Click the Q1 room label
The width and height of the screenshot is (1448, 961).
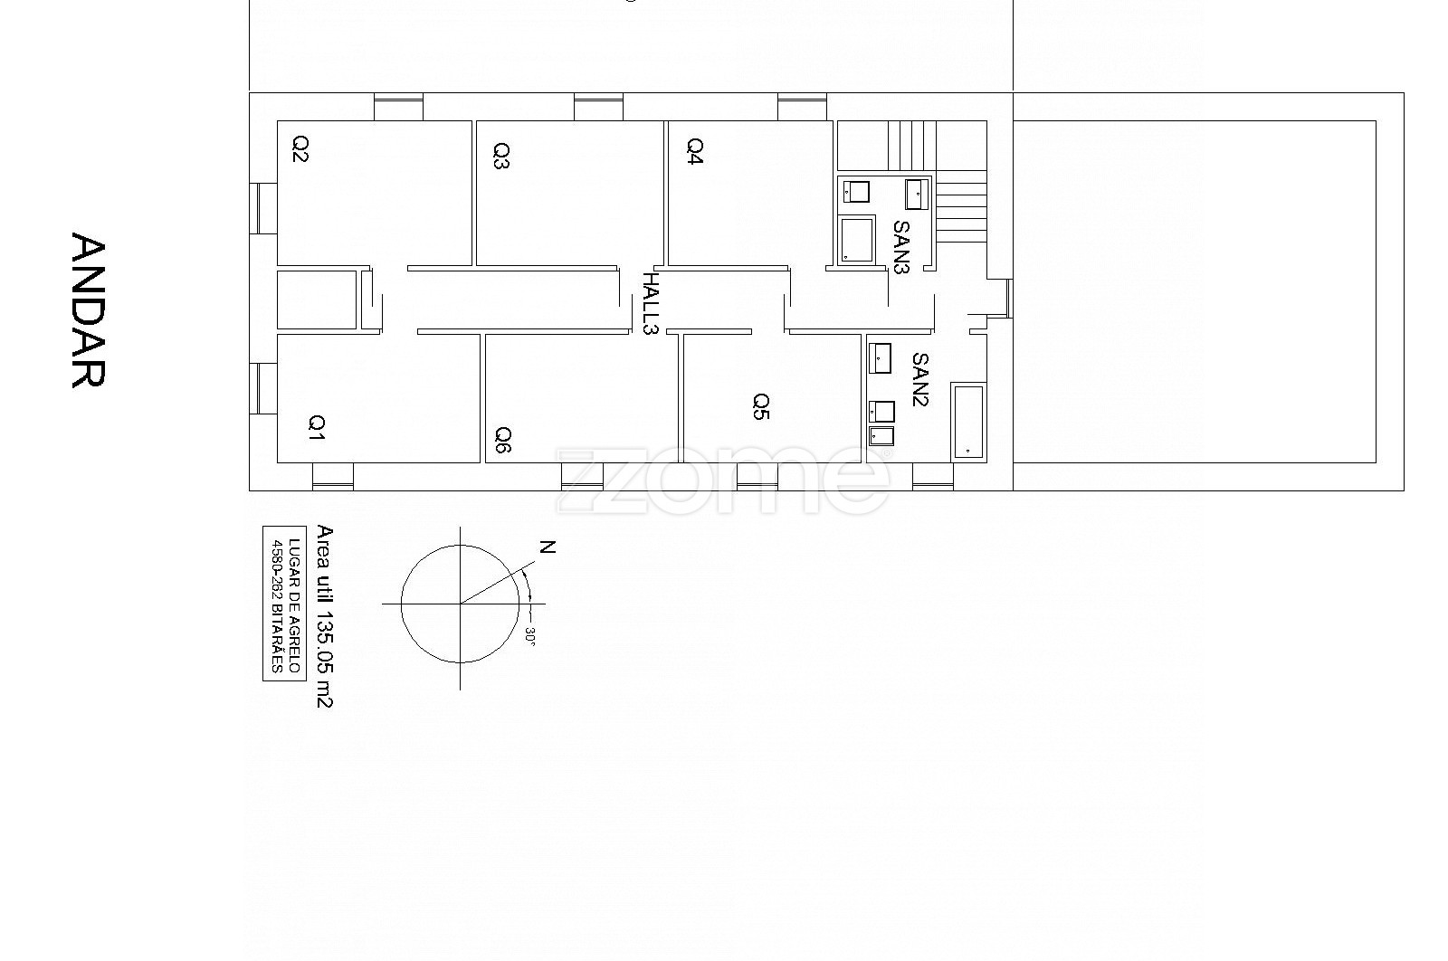pyautogui.click(x=316, y=427)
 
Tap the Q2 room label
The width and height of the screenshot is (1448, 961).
pyautogui.click(x=300, y=148)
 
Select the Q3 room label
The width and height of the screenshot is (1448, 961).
pyautogui.click(x=501, y=155)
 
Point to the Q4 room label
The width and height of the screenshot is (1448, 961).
pyautogui.click(x=695, y=150)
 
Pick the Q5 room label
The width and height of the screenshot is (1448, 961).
pyautogui.click(x=761, y=406)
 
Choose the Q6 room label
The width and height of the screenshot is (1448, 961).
pyautogui.click(x=503, y=440)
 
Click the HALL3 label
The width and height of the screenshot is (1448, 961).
pyautogui.click(x=650, y=303)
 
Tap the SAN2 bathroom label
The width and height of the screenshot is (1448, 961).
pyautogui.click(x=919, y=379)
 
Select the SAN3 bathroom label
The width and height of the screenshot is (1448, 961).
pyautogui.click(x=901, y=247)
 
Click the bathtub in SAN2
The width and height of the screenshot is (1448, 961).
pyautogui.click(x=968, y=422)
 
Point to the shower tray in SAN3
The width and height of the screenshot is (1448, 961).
pyautogui.click(x=856, y=240)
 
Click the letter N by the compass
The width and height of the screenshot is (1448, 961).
pyautogui.click(x=548, y=547)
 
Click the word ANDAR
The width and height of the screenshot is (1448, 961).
pyautogui.click(x=88, y=310)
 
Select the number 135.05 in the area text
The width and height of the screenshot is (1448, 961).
pyautogui.click(x=324, y=642)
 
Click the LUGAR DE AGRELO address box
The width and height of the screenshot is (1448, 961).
pyautogui.click(x=285, y=604)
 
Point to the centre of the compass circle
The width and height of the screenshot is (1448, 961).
pyautogui.click(x=461, y=604)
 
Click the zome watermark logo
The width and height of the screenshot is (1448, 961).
pyautogui.click(x=723, y=480)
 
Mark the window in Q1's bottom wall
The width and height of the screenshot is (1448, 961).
pyautogui.click(x=333, y=477)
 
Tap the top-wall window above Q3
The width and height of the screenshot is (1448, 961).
pyautogui.click(x=598, y=107)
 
